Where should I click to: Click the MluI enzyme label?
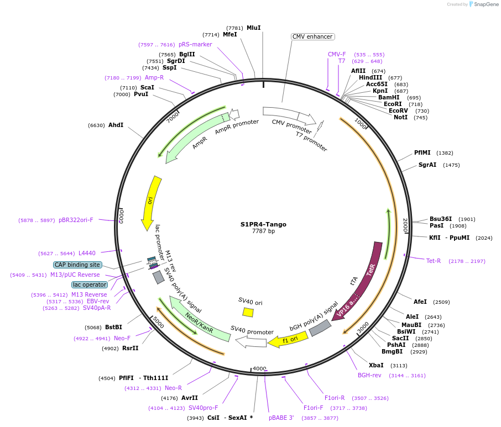[x=253, y=28]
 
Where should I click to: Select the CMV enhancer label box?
[x=312, y=37]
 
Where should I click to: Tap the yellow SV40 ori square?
[x=248, y=312]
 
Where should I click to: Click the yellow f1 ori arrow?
[x=288, y=340]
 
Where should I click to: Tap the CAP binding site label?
[x=77, y=265]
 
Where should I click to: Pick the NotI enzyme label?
[x=400, y=117]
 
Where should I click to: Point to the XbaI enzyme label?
[x=376, y=365]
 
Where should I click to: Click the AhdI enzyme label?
[x=116, y=125]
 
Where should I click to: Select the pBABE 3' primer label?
[x=281, y=418]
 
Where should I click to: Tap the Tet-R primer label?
[x=434, y=261]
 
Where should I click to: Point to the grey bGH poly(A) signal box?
[x=320, y=328]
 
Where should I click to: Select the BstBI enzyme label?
[x=114, y=327]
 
